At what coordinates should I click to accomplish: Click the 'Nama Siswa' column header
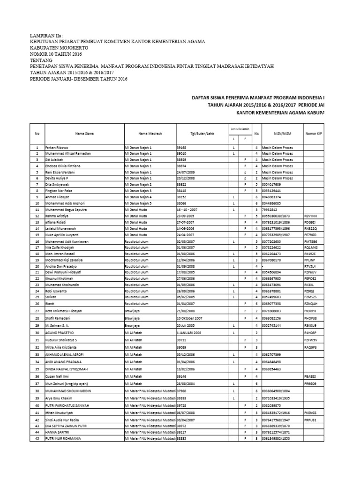pos(84,134)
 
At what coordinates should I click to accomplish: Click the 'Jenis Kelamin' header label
pos(239,128)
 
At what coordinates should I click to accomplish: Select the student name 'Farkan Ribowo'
pos(57,148)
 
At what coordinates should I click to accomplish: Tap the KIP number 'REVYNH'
pos(311,215)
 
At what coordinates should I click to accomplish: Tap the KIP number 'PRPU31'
pos(311,420)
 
